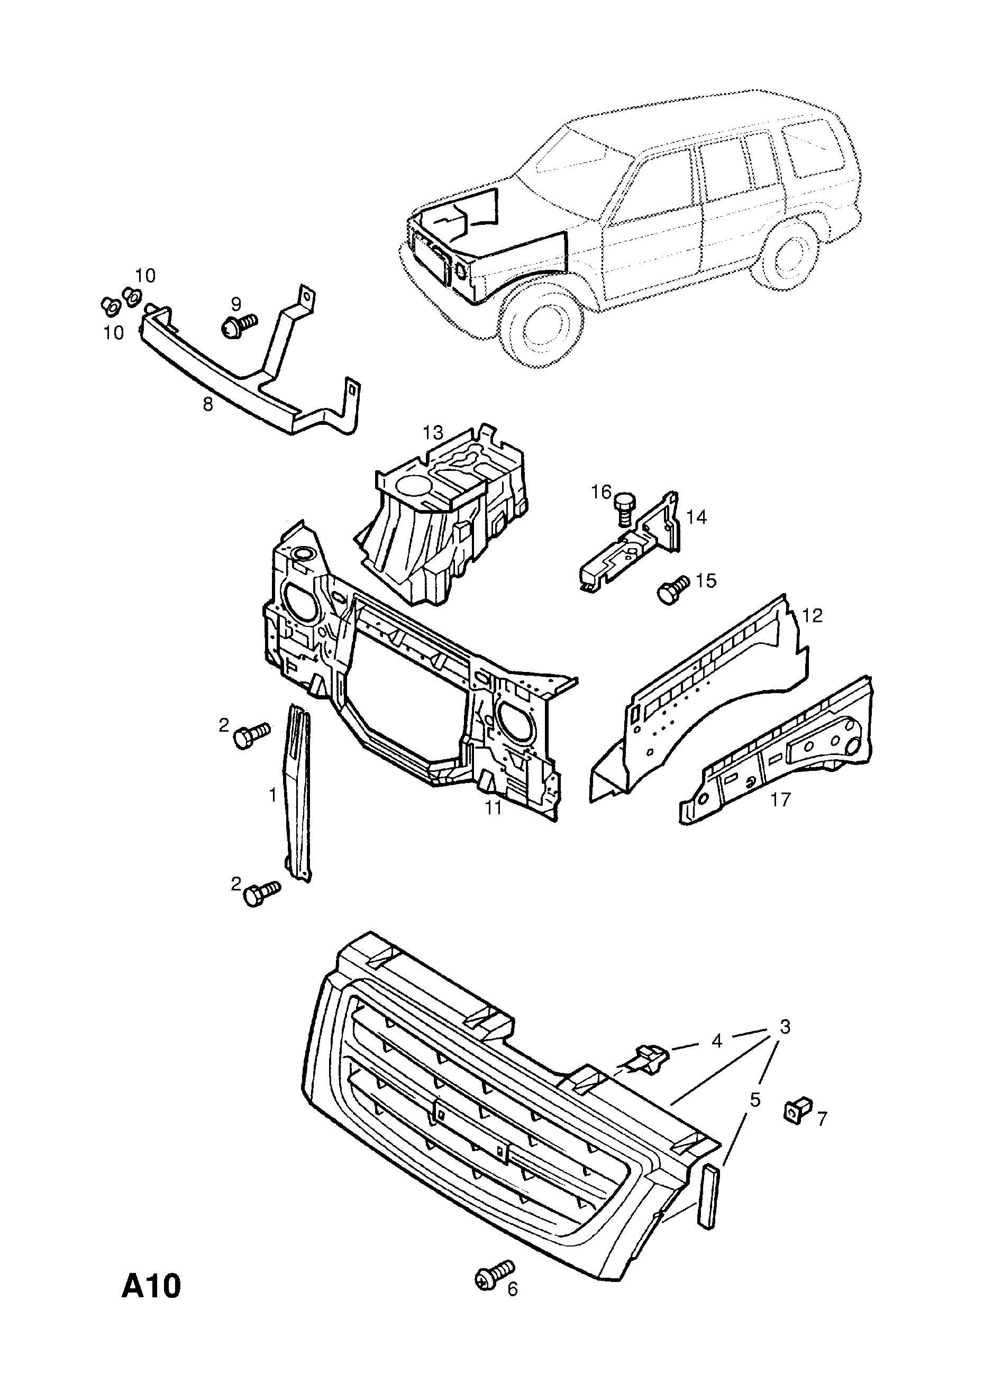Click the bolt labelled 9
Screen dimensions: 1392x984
[x=238, y=325]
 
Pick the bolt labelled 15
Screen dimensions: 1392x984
[x=672, y=589]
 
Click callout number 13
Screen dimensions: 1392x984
[x=433, y=433]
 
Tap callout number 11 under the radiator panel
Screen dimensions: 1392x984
[x=493, y=807]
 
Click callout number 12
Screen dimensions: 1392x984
[x=812, y=615]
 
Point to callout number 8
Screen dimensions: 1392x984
[x=208, y=404]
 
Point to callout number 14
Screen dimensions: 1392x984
[x=697, y=517]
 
